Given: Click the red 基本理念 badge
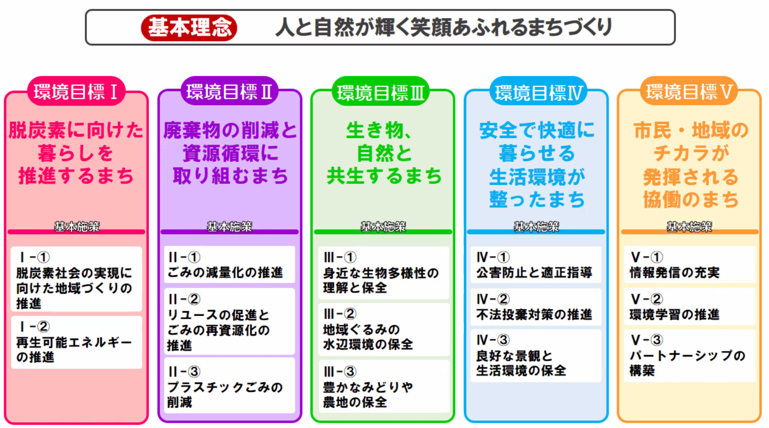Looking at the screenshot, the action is click(x=189, y=28).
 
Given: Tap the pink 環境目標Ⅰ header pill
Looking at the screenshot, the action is click(x=76, y=92).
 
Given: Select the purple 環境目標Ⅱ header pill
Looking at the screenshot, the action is click(x=229, y=92).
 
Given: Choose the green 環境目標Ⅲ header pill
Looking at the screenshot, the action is click(x=381, y=92).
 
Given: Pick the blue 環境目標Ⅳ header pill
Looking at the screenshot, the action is click(x=538, y=92).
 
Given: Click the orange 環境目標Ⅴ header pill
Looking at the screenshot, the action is click(x=689, y=92).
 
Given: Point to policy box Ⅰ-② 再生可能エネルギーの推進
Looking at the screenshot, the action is click(x=76, y=342).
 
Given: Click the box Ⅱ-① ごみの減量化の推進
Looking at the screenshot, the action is click(x=229, y=265).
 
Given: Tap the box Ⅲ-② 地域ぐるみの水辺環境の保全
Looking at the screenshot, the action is click(x=384, y=330).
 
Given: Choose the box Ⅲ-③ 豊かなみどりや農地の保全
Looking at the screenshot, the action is click(x=384, y=387).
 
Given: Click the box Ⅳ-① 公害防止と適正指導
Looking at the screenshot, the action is click(x=536, y=265).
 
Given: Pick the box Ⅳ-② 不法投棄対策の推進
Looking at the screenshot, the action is click(x=536, y=307).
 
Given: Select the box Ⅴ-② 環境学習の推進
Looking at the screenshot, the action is click(x=689, y=307).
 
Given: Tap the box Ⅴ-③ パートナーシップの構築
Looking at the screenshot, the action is click(x=689, y=356).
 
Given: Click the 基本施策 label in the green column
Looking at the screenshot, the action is click(x=383, y=226).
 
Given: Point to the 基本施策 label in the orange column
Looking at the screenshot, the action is click(x=689, y=226).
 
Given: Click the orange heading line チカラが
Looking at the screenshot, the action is click(x=691, y=153).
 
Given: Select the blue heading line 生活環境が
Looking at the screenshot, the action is click(x=537, y=177).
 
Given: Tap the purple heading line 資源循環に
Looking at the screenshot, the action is click(x=230, y=153).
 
